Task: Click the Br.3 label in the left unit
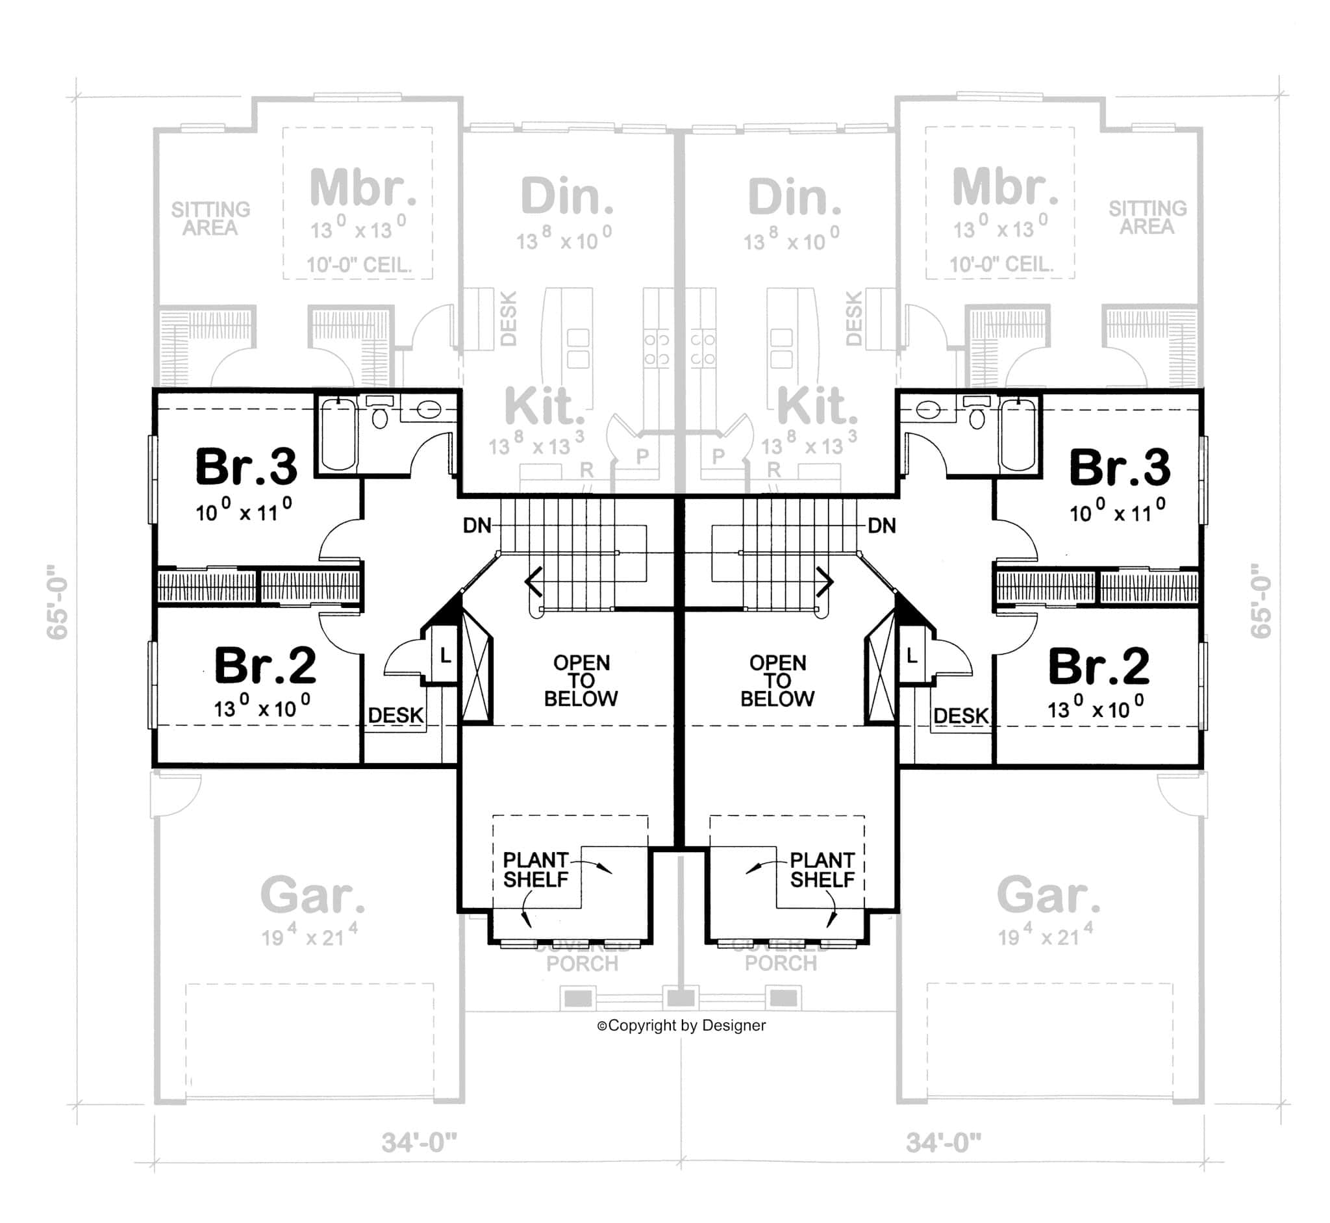(246, 467)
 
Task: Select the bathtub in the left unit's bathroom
(338, 433)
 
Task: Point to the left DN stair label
(477, 526)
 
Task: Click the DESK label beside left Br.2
(395, 715)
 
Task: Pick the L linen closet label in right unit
(912, 656)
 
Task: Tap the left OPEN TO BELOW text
(581, 680)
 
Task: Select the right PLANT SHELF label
(822, 870)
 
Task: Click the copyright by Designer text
(681, 1025)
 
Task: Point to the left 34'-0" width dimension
(419, 1142)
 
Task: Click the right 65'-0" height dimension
(1261, 601)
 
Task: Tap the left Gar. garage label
(312, 895)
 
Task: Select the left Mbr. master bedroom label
(362, 188)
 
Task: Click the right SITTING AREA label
(1148, 218)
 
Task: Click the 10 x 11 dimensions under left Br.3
(244, 511)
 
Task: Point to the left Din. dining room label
(567, 197)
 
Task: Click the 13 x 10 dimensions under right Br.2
(1095, 709)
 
